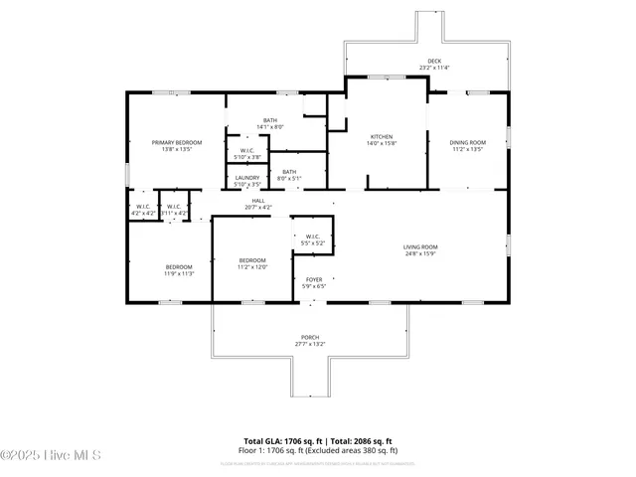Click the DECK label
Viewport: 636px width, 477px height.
point(434,61)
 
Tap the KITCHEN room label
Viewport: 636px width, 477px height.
point(382,136)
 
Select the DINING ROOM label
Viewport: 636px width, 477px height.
point(467,142)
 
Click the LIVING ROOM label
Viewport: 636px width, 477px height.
point(420,247)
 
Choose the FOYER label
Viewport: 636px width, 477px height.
point(314,280)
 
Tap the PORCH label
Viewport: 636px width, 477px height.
point(310,337)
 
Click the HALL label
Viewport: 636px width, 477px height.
point(257,201)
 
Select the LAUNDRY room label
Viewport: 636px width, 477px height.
point(246,178)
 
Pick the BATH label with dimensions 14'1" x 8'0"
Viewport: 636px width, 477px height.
point(270,120)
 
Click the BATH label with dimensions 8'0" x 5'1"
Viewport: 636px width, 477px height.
point(289,172)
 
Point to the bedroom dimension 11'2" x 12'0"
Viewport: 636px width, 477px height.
point(252,267)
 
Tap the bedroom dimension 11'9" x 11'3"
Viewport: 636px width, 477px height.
point(179,273)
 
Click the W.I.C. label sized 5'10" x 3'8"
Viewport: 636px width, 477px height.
point(246,157)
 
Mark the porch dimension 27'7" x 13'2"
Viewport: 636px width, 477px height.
point(310,344)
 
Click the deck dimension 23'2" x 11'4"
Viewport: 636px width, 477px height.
point(434,68)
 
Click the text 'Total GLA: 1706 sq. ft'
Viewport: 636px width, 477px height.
point(278,440)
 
